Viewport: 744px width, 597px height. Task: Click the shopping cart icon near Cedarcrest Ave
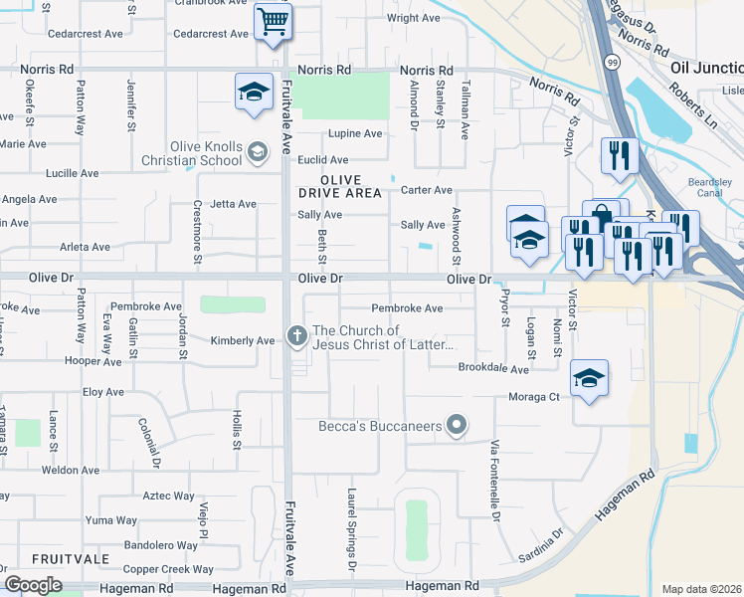point(273,20)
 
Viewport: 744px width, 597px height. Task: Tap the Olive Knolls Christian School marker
point(258,151)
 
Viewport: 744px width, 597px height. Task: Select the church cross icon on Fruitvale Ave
point(296,336)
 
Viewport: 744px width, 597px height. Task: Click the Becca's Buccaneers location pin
point(457,426)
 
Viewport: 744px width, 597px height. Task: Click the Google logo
point(33,585)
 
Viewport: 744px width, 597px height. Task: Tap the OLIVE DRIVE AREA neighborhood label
point(339,185)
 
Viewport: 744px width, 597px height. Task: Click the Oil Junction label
point(707,68)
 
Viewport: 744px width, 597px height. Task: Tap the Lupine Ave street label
point(356,133)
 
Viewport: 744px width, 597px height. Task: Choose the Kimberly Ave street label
point(243,340)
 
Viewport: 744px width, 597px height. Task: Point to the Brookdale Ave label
point(493,368)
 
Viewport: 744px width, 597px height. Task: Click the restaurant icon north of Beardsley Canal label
point(618,154)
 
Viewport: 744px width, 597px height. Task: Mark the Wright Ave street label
point(413,18)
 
